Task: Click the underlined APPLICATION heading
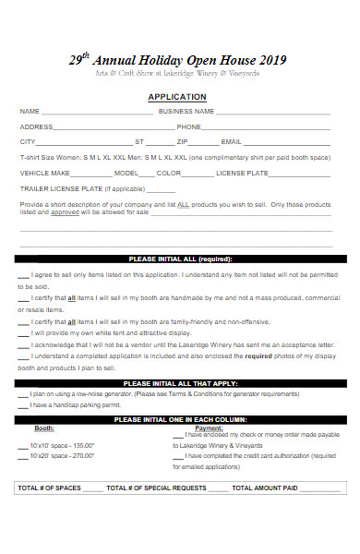[177, 96]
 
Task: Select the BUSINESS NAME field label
[186, 111]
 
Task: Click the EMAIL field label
[231, 142]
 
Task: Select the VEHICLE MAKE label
[45, 173]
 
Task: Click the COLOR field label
[169, 173]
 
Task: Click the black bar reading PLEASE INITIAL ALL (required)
[180, 259]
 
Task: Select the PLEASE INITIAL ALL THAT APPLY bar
[180, 383]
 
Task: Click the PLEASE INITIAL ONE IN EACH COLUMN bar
[180, 419]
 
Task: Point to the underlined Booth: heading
[44, 428]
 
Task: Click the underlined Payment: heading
[209, 428]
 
